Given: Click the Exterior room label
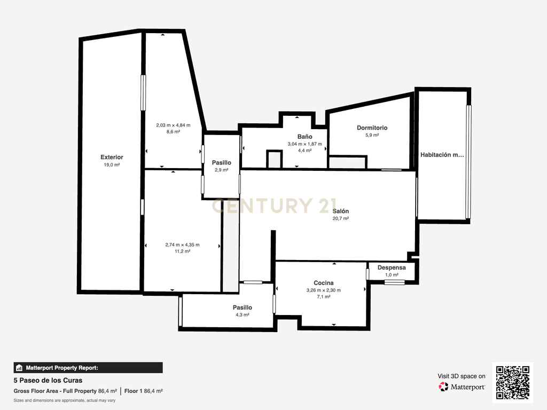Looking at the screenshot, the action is [112, 157].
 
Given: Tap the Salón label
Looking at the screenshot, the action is [340, 211].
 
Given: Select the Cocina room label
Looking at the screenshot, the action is [323, 283].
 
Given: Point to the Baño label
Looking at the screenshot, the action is [304, 137].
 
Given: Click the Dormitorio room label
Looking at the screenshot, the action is [372, 128].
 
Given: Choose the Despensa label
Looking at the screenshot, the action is [392, 268].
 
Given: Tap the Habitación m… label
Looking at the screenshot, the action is [442, 155].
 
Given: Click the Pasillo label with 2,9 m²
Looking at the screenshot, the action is [222, 163].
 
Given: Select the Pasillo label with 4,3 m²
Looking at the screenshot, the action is [243, 307].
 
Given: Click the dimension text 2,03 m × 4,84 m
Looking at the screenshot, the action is [173, 125].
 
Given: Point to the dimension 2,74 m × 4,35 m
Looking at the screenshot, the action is [183, 245].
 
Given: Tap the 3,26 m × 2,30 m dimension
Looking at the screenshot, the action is [323, 290].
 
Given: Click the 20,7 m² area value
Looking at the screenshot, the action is [340, 218].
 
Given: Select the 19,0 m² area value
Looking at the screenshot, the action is [112, 165].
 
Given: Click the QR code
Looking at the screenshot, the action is [513, 382].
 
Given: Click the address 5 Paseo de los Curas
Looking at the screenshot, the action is [48, 380].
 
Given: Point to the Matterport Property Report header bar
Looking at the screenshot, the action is [88, 368].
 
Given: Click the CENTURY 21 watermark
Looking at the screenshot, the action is [274, 206].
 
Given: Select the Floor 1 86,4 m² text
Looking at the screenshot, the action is [143, 391].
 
